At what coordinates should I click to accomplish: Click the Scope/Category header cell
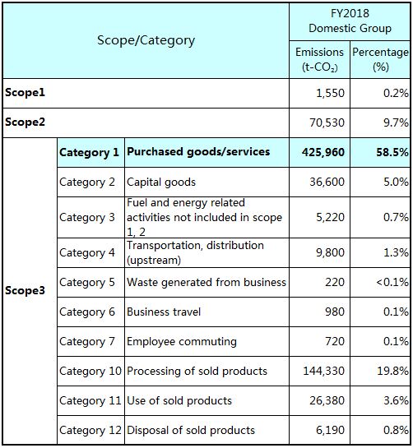pos(146,40)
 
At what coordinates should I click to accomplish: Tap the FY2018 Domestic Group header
pos(350,21)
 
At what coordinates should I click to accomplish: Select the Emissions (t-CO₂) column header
pos(319,59)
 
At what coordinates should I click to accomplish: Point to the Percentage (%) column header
pos(380,59)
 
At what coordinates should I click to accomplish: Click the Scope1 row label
pos(25,93)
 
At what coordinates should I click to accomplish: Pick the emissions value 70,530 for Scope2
pos(327,122)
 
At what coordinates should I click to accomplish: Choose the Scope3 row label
pos(25,290)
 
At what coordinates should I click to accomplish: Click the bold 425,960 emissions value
pos(323,152)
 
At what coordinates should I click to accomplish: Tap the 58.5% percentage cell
pos(392,152)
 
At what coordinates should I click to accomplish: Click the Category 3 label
pos(87,218)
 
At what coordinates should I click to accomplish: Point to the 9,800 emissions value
pos(330,252)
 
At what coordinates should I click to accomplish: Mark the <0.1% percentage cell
pos(392,282)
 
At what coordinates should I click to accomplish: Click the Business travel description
pos(164,312)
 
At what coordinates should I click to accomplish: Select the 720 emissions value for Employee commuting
pos(335,341)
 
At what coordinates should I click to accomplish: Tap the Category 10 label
pos(90,372)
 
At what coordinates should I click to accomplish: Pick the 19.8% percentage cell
pos(392,371)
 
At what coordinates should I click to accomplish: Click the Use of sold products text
pos(179,400)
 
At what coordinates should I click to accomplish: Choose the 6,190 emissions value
pos(330,430)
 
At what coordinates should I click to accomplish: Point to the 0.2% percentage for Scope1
pos(396,93)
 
